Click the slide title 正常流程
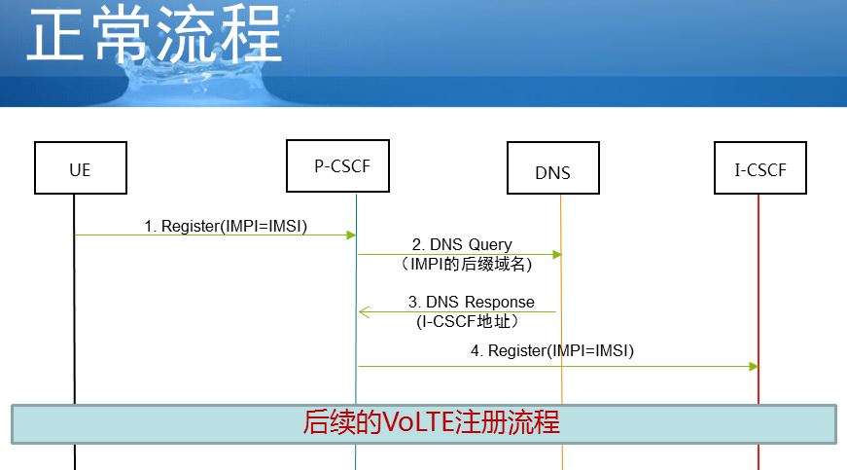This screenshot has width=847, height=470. click(155, 33)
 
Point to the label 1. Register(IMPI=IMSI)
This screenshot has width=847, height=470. click(226, 226)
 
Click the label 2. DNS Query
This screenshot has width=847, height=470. click(462, 244)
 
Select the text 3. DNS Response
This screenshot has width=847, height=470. click(471, 302)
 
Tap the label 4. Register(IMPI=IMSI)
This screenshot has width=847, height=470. click(552, 350)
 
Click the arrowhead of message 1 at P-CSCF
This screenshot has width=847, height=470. click(351, 235)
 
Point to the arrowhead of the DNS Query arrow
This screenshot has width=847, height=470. click(557, 254)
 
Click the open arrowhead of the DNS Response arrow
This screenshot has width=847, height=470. click(364, 311)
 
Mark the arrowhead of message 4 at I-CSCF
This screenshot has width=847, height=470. click(754, 366)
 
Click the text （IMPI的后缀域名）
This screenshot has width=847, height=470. click(466, 264)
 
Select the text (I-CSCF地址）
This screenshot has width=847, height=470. click(468, 321)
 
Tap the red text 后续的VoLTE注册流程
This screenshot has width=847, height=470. click(431, 422)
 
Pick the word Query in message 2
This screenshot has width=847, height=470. click(489, 245)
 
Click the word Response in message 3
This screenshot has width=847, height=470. click(499, 302)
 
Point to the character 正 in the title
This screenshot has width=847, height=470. click(56, 33)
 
